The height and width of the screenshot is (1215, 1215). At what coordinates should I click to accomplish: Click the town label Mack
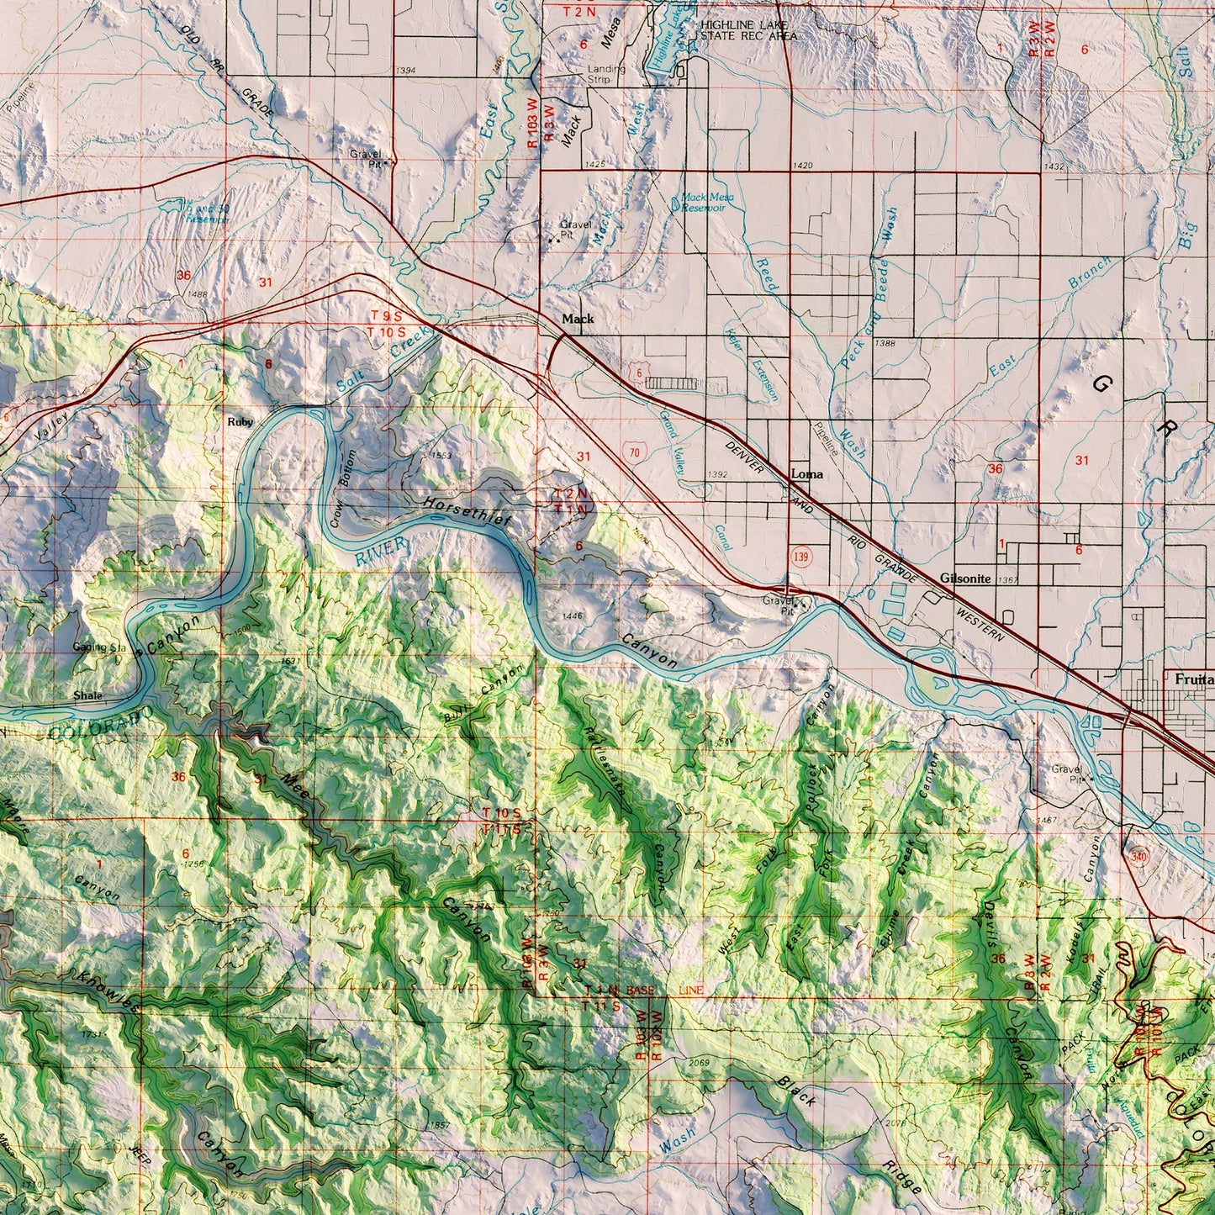(x=578, y=320)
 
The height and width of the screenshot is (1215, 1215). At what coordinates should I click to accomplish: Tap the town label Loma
(x=807, y=474)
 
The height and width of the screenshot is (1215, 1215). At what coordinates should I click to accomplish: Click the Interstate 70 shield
(x=635, y=452)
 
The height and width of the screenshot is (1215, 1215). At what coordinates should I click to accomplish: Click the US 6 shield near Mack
(x=642, y=370)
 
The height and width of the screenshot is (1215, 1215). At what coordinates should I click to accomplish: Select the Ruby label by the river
(x=240, y=422)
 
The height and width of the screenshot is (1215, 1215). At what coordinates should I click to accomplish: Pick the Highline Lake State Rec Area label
(x=748, y=30)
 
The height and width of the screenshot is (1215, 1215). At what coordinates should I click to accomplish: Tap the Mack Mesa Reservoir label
(x=707, y=202)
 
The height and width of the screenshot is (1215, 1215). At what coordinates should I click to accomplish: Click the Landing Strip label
(x=606, y=74)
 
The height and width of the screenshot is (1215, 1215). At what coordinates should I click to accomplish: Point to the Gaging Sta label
(x=98, y=647)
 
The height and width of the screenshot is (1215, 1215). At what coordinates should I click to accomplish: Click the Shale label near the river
(x=87, y=696)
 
